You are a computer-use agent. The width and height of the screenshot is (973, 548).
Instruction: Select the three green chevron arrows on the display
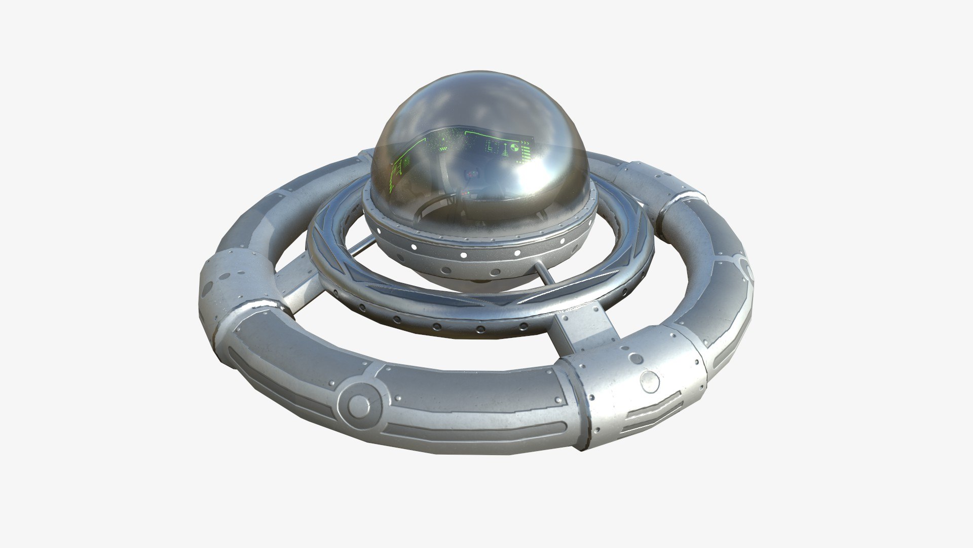click(x=526, y=145)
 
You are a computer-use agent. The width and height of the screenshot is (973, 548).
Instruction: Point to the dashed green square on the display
click(x=491, y=147)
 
